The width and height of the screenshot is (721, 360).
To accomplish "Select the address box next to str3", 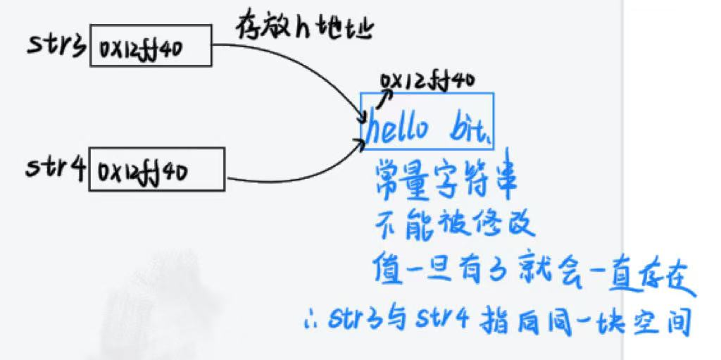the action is point(150,46).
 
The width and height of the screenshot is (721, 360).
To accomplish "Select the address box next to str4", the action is point(156,169).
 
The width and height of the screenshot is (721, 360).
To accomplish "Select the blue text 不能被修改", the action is point(455,225).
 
